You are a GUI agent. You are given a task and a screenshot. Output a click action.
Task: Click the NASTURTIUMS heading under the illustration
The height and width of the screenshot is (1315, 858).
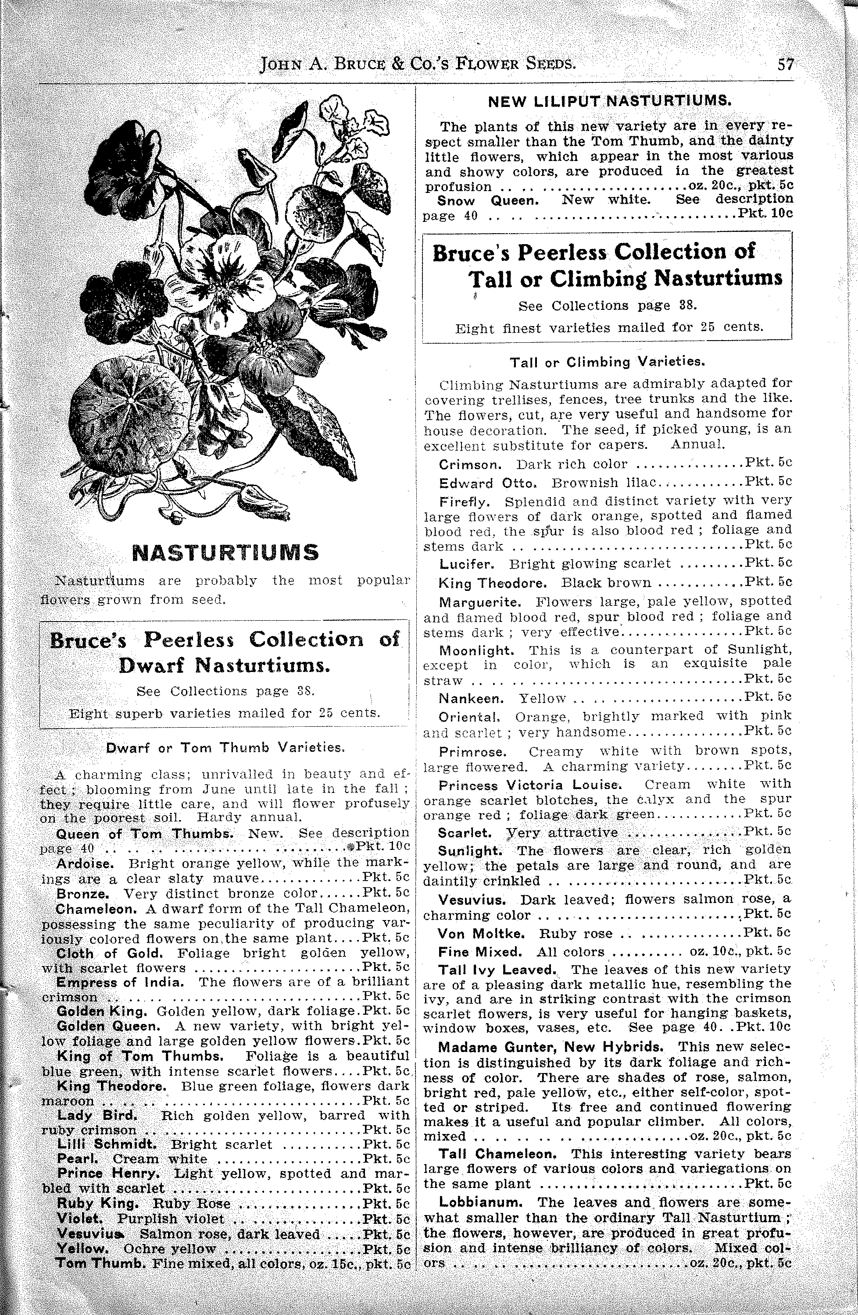(225, 552)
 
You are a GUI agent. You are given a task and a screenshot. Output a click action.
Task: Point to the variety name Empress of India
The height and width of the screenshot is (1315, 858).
(119, 982)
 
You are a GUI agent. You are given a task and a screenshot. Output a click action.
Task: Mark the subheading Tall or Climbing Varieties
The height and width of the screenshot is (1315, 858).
(607, 363)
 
